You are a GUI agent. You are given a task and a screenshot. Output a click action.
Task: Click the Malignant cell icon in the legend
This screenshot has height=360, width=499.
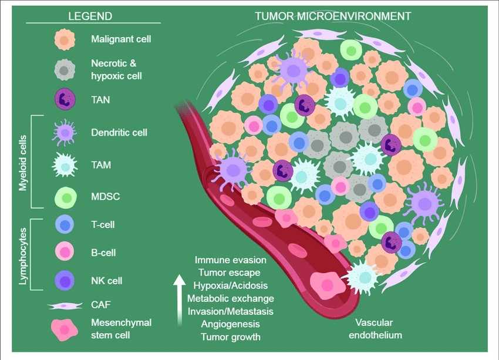click(65, 39)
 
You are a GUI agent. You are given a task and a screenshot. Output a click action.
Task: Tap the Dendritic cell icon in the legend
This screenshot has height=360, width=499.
click(65, 133)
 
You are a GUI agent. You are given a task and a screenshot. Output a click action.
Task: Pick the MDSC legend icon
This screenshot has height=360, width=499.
click(65, 196)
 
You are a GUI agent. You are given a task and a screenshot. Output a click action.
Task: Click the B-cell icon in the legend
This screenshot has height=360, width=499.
click(65, 253)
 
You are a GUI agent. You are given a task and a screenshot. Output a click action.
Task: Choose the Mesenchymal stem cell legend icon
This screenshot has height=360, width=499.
click(65, 329)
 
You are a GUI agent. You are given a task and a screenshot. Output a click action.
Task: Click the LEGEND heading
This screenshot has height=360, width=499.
click(90, 16)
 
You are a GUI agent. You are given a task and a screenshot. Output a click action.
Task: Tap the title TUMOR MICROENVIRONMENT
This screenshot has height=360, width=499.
click(333, 16)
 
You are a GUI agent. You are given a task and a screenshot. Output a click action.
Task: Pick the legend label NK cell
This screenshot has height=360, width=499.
click(107, 281)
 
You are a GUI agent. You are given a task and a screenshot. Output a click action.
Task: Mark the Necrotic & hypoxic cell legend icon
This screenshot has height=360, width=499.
click(65, 69)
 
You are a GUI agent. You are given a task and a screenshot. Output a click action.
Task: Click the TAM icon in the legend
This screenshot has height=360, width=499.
click(65, 165)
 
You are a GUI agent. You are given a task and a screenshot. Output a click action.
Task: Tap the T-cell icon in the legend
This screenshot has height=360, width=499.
click(65, 224)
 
